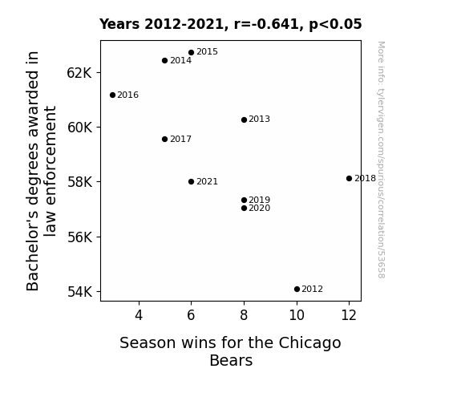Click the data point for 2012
click(x=297, y=290)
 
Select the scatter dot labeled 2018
click(x=349, y=178)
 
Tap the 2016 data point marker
click(x=112, y=95)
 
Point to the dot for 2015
click(x=191, y=52)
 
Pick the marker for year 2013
click(x=244, y=119)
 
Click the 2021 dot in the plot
click(x=191, y=181)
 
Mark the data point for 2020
click(x=244, y=208)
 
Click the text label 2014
click(x=180, y=61)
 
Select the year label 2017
click(x=180, y=139)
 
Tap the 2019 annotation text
click(x=259, y=200)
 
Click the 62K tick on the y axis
click(x=79, y=73)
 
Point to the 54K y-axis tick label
click(x=79, y=292)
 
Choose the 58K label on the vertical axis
click(x=79, y=182)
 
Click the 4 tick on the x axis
click(x=139, y=315)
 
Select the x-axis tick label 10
click(x=297, y=315)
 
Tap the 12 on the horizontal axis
click(x=349, y=315)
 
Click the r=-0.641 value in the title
click(x=267, y=24)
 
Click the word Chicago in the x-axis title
click(x=309, y=343)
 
